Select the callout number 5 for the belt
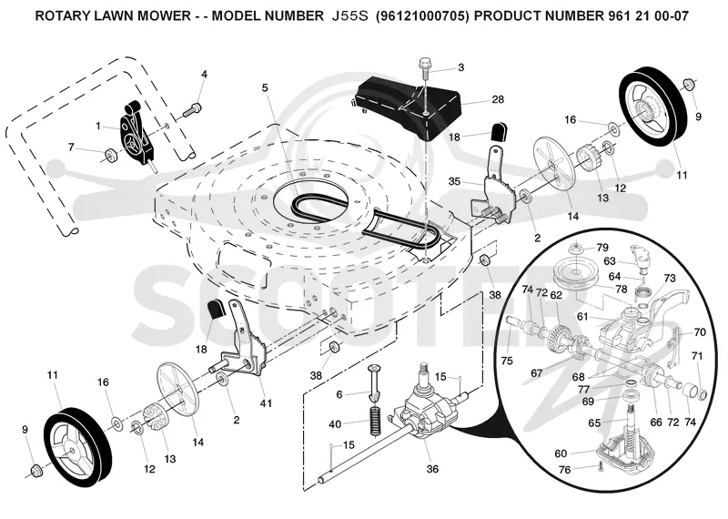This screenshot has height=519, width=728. [x=265, y=87]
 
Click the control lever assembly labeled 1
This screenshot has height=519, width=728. [x=136, y=135]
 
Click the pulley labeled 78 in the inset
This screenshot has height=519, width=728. [x=575, y=277]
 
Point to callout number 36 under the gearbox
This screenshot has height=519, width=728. [x=432, y=469]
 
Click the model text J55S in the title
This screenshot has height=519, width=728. [x=350, y=16]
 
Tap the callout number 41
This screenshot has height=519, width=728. [x=266, y=403]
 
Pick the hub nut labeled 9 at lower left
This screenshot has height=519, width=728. [x=35, y=471]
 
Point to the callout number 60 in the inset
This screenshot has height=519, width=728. [x=561, y=453]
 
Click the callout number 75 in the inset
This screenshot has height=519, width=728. [x=507, y=361]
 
